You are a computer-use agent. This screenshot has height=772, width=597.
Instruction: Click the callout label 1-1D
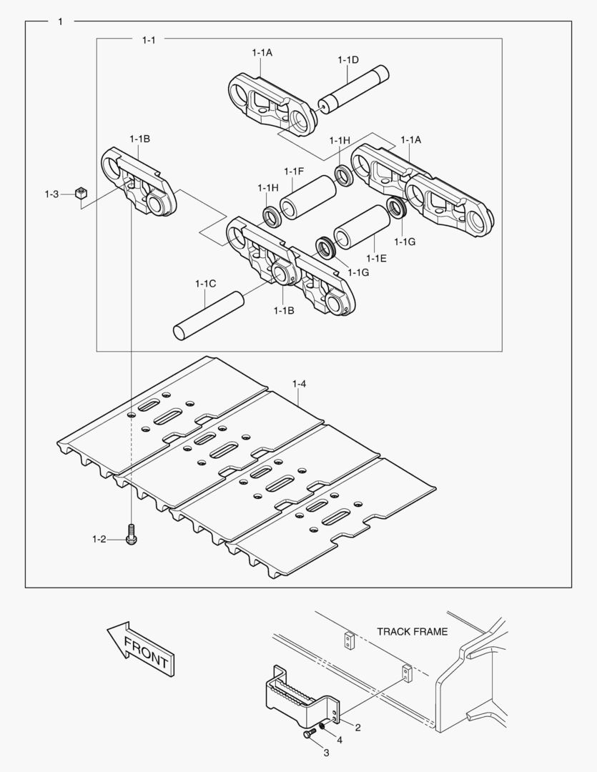click(348, 60)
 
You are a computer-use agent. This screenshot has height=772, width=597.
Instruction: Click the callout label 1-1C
click(205, 284)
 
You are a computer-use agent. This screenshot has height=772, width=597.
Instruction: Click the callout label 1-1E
click(376, 258)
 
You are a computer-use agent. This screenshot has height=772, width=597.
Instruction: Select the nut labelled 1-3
click(82, 193)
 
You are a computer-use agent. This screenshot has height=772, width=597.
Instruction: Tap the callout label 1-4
click(299, 385)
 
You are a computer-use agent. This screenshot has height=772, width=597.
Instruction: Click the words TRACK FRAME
click(413, 631)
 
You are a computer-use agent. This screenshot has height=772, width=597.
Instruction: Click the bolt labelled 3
click(310, 734)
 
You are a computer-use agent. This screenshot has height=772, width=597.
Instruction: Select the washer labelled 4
click(323, 727)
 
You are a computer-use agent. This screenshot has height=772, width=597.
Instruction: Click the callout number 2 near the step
click(357, 728)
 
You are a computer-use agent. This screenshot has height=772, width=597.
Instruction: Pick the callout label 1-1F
click(294, 171)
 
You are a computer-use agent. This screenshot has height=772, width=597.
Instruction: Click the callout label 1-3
click(51, 194)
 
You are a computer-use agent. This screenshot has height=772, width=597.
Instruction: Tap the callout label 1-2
click(99, 538)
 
